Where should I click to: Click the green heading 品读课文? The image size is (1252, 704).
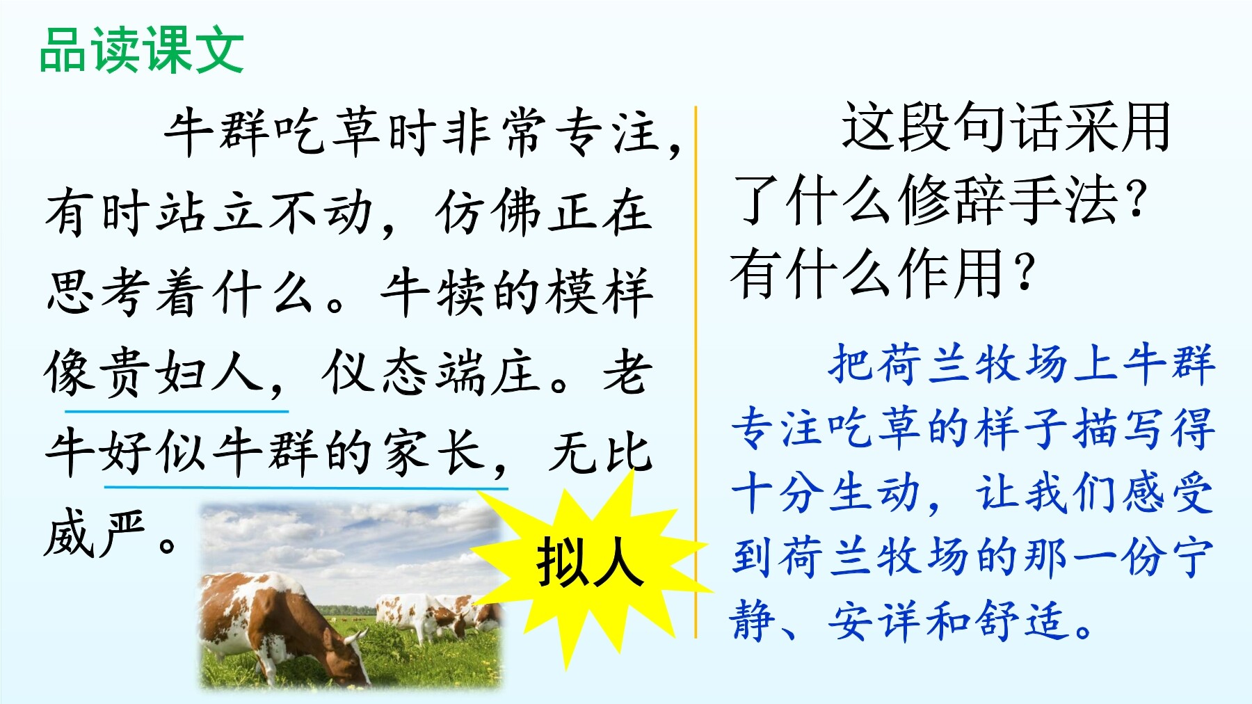click(142, 50)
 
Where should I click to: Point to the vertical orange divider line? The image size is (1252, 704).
click(696, 372)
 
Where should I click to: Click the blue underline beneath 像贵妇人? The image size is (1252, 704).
click(177, 411)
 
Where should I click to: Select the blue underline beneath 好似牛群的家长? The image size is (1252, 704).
click(306, 487)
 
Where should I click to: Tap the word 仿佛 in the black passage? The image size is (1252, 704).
click(490, 211)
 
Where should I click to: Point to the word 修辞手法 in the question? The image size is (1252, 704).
click(1009, 200)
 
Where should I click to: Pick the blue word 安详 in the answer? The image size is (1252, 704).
click(878, 621)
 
